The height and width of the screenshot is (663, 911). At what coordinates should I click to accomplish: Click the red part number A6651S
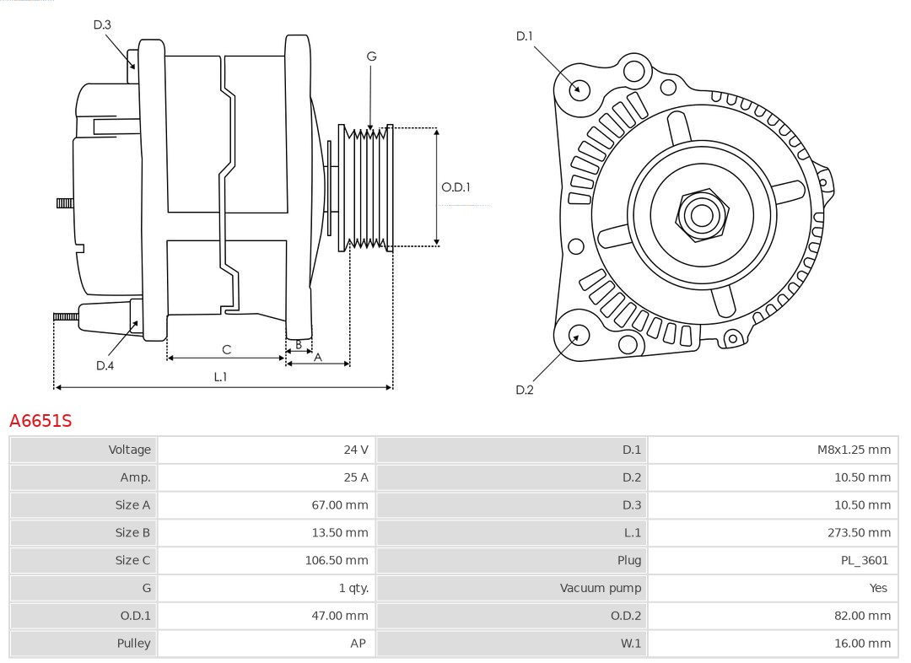pyautogui.click(x=40, y=420)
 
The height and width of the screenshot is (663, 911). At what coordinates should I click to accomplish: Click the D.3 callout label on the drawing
pyautogui.click(x=102, y=25)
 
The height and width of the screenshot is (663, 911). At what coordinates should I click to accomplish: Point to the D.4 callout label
pyautogui.click(x=105, y=365)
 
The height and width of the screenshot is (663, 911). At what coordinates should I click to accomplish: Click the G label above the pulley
pyautogui.click(x=371, y=57)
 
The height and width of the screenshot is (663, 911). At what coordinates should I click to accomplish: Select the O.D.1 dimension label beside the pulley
pyautogui.click(x=455, y=187)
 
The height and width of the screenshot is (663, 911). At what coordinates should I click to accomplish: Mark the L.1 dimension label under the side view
pyautogui.click(x=219, y=377)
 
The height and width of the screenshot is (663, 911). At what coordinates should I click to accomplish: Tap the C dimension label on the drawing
pyautogui.click(x=226, y=349)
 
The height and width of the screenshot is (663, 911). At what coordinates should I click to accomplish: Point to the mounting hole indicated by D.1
pyautogui.click(x=579, y=89)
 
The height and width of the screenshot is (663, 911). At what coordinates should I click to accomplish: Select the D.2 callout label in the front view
pyautogui.click(x=524, y=390)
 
